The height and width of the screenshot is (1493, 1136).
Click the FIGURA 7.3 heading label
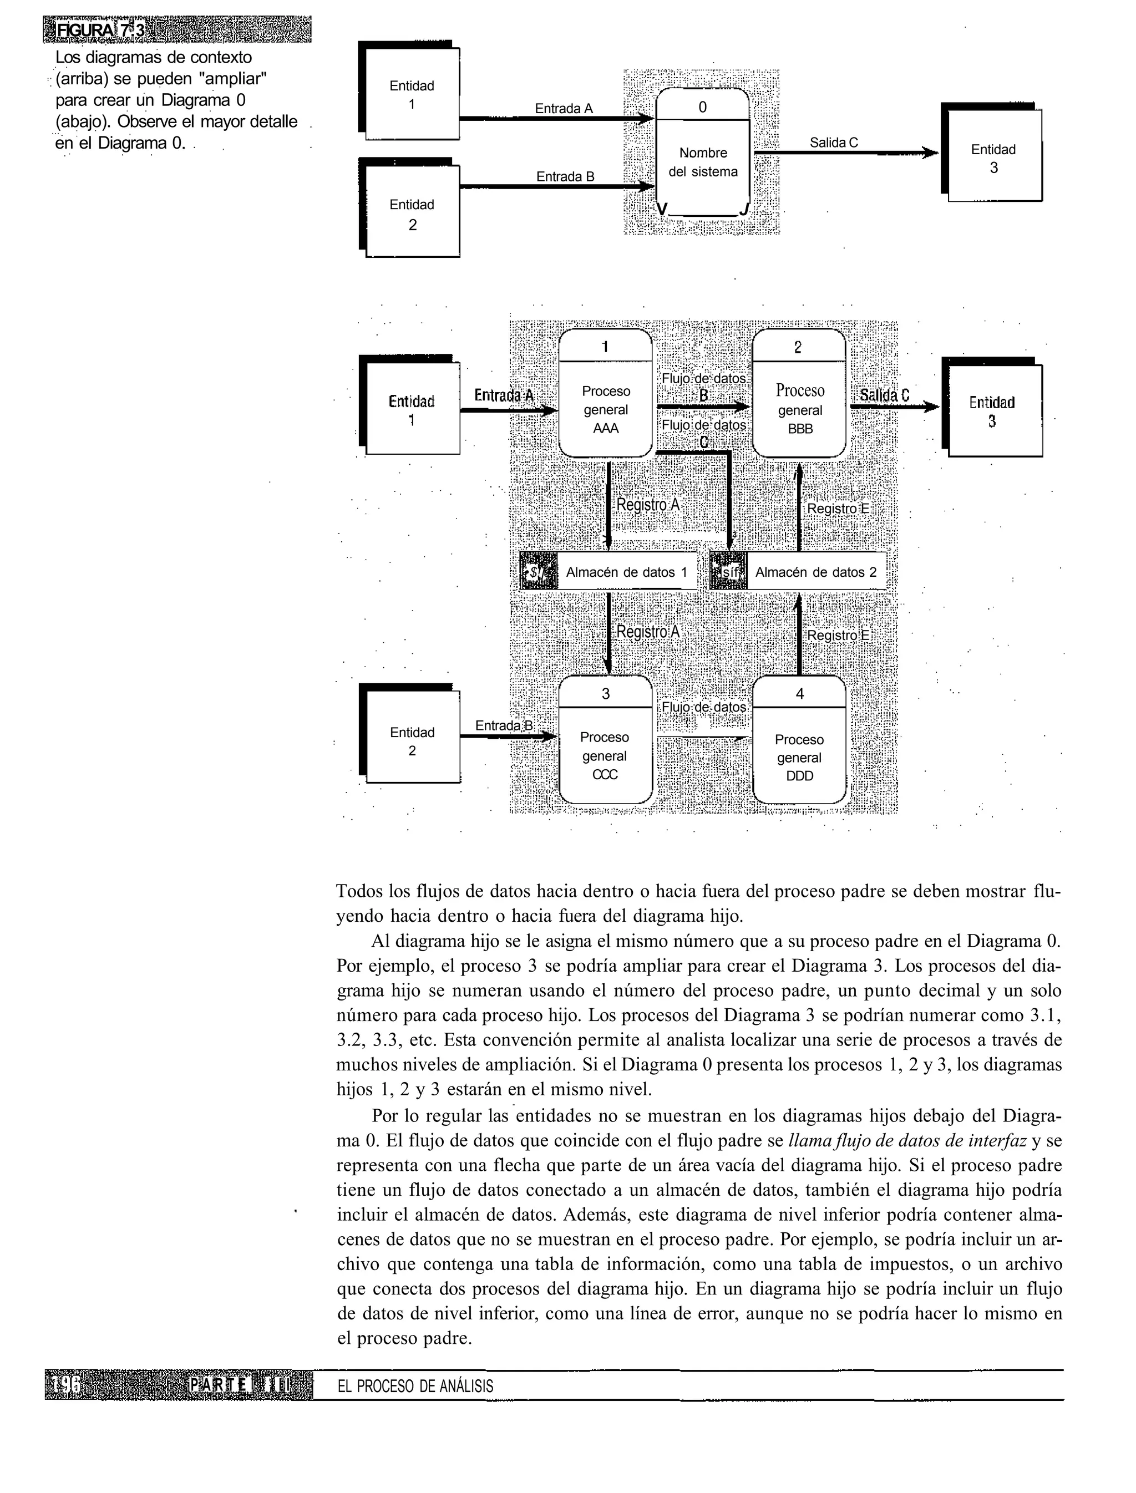[102, 31]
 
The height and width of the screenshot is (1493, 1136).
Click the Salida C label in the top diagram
[833, 143]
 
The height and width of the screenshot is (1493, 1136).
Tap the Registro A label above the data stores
[647, 505]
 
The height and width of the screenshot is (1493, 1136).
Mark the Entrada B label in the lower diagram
[504, 725]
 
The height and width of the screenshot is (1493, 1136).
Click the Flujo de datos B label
[703, 387]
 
